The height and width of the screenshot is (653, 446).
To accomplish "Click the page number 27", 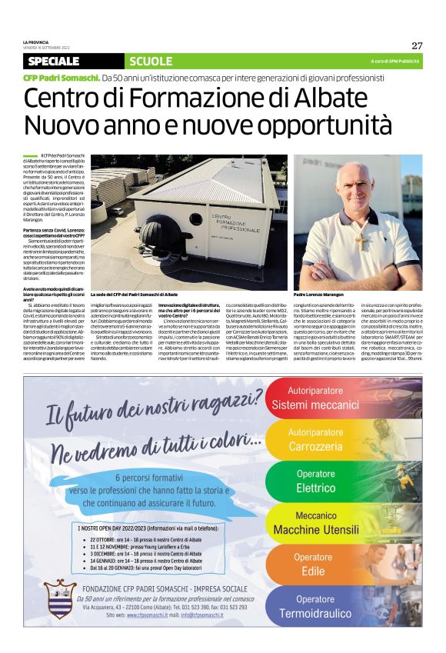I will [x=417, y=45].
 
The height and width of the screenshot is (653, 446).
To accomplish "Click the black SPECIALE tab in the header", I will [x=53, y=61].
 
